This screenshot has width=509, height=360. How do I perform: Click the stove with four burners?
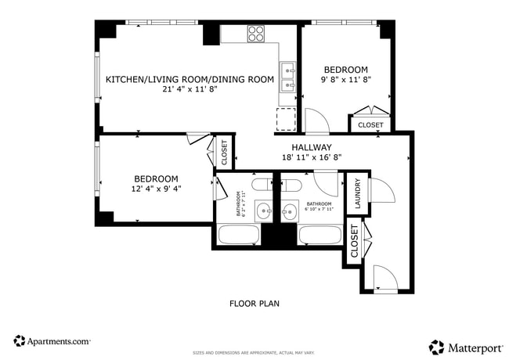[256, 33]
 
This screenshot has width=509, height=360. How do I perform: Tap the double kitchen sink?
[287, 76]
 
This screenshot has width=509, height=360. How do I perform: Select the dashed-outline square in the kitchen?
[287, 120]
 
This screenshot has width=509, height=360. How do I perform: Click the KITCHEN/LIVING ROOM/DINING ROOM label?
[190, 79]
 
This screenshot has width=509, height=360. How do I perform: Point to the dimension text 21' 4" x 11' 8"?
[190, 89]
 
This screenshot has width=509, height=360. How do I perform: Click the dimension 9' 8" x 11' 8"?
[345, 80]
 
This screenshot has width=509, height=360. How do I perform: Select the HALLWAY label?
[312, 147]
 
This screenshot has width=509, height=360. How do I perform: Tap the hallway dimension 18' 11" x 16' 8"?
[312, 157]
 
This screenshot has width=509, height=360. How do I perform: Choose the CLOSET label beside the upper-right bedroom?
[370, 125]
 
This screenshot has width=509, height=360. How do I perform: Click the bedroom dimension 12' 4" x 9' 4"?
[155, 189]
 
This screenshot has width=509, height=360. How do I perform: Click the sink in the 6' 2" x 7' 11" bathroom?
[265, 209]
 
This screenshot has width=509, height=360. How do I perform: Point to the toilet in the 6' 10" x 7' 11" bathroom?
[291, 185]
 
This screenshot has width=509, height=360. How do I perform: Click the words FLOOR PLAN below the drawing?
[254, 304]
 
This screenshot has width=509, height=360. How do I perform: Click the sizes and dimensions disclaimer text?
[254, 352]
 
